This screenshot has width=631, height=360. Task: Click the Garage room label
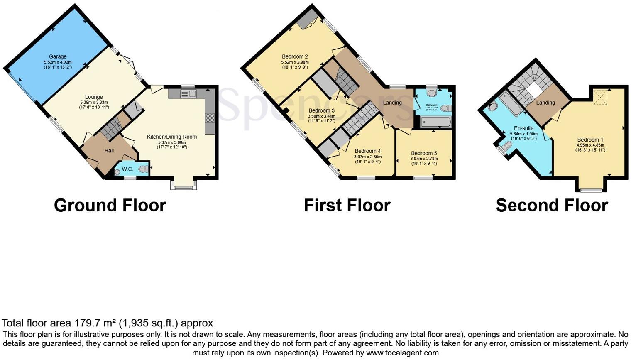58,56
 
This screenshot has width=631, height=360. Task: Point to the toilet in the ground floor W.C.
143,169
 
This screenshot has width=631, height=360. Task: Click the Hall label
109,151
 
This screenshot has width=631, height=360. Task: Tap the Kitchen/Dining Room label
171,137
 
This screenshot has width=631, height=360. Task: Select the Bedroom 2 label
295,56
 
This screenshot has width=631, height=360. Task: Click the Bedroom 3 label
321,110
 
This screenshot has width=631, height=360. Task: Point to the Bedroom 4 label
367,151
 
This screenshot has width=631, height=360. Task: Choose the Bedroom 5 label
423,153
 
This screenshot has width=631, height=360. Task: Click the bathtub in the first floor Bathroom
435,122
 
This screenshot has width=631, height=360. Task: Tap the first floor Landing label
392,103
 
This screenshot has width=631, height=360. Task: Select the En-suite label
523,128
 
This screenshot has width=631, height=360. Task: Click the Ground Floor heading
110,206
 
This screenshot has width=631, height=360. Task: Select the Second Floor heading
552,206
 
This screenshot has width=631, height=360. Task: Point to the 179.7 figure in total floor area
87,323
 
